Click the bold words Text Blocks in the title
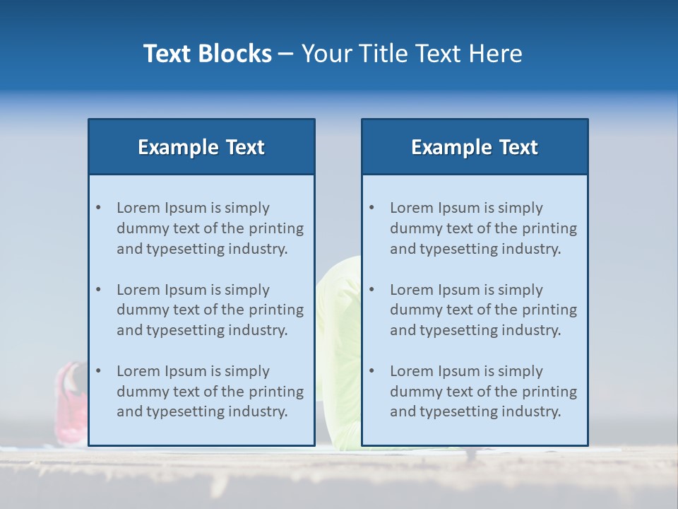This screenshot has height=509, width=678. point(207,54)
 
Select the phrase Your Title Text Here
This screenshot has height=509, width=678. point(412,54)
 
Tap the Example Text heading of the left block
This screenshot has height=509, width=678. point(201,147)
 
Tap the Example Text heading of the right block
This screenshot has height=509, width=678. point(475,147)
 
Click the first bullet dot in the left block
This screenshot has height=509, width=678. point(98,208)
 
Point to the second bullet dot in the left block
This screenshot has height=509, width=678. point(98,290)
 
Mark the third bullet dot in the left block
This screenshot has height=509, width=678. point(98,371)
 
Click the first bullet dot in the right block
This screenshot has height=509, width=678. point(371,208)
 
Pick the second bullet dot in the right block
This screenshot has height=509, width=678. point(371,290)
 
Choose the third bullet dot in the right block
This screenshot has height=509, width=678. point(371,371)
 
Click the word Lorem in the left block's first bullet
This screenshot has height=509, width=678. point(138,208)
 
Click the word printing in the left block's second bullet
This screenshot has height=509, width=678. point(277,310)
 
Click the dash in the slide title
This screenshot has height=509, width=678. point(286,54)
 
